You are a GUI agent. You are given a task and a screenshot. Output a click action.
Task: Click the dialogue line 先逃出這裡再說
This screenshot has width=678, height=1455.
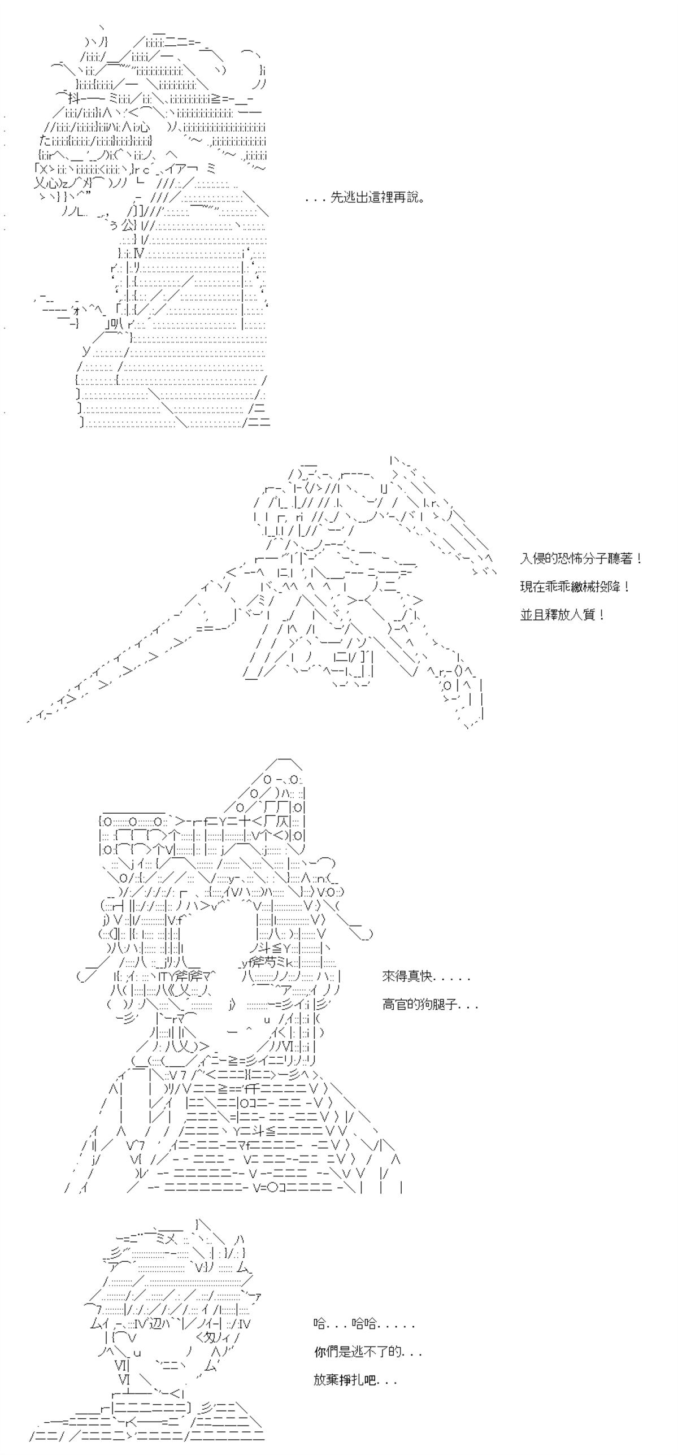tap(377, 198)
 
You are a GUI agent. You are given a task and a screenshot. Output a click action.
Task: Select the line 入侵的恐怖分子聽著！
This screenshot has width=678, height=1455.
tap(581, 559)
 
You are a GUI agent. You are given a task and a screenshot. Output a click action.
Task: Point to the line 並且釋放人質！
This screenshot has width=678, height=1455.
tap(563, 615)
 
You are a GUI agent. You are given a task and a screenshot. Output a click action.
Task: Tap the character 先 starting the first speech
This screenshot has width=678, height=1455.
tap(336, 198)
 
